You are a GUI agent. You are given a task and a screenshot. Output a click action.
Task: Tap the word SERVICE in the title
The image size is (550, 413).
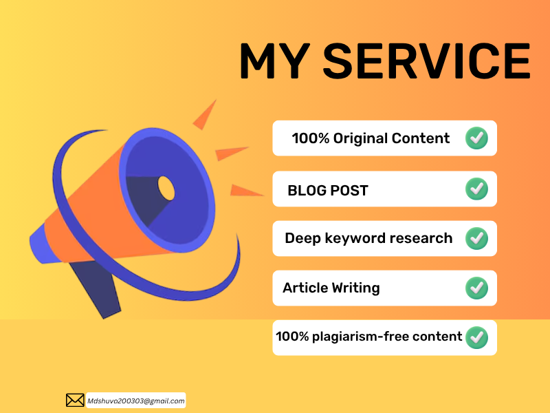tap(426, 61)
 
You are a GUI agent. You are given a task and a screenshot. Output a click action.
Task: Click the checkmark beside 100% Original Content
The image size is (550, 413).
tap(476, 138)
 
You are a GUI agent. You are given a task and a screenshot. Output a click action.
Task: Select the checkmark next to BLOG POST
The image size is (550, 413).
tap(476, 189)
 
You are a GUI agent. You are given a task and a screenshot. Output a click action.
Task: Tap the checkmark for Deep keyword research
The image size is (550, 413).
tap(476, 239)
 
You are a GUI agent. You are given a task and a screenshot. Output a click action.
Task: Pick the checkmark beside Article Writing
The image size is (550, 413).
tap(476, 288)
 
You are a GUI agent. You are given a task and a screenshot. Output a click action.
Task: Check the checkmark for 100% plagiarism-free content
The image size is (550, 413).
tap(476, 337)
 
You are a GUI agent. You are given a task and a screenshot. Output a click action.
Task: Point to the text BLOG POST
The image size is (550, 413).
tap(328, 191)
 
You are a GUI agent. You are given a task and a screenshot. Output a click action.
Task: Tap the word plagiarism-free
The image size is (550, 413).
tap(364, 337)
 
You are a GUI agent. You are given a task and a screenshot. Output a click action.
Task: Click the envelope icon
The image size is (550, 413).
tap(75, 400)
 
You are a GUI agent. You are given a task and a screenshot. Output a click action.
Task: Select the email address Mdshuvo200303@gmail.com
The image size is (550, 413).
tap(135, 401)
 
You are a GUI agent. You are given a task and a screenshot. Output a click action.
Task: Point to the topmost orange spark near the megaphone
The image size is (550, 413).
tap(206, 116)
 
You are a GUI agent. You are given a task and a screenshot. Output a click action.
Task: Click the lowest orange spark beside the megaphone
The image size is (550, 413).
tap(245, 190)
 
